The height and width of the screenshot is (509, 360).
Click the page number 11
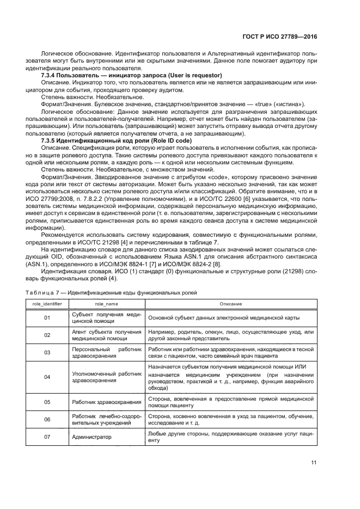pos(314,463)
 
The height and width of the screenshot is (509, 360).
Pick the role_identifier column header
pos(47,304)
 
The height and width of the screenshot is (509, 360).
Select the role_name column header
pos(106,304)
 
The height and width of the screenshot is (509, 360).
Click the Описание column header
pos(230,304)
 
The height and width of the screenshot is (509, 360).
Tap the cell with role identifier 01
pos(47,317)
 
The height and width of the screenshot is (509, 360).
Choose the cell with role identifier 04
pos(47,377)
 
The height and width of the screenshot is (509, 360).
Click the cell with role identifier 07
pos(47,437)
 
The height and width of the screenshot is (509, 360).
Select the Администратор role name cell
pos(91,437)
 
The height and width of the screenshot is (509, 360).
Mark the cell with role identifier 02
pos(47,335)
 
